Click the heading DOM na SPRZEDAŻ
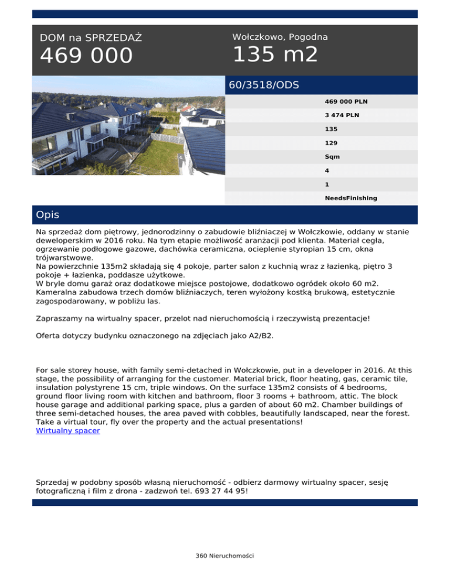tap(91, 38)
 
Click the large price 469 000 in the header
tap(86, 56)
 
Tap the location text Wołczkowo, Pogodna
tap(279, 37)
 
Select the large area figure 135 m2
tap(275, 55)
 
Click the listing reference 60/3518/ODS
tap(264, 85)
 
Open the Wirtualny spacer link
tap(67, 430)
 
